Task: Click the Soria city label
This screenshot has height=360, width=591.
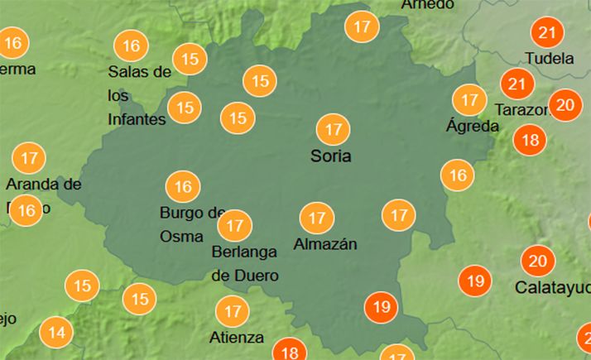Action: [330, 156]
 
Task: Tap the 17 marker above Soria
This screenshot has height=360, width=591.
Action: [334, 130]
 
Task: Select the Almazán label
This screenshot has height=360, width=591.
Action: [325, 244]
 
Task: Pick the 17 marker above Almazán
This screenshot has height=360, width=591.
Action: [316, 218]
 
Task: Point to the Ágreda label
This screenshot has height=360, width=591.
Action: [473, 127]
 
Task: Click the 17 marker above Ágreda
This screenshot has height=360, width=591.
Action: [470, 100]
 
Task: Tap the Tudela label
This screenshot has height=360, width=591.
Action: [550, 59]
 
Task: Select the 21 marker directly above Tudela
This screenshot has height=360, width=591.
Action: [546, 33]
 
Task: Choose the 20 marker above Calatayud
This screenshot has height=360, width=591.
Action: [538, 262]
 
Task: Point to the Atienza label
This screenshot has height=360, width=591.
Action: [237, 338]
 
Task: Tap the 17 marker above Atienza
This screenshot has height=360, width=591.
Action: [232, 312]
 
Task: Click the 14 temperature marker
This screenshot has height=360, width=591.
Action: [56, 334]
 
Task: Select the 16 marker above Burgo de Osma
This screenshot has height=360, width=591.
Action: [183, 187]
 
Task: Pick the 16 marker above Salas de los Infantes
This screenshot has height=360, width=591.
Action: [131, 46]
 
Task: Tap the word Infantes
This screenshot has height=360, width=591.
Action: [137, 119]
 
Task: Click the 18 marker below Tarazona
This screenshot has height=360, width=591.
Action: [530, 139]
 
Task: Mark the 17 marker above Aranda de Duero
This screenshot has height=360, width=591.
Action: [30, 157]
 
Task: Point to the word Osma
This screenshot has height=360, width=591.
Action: [181, 237]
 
